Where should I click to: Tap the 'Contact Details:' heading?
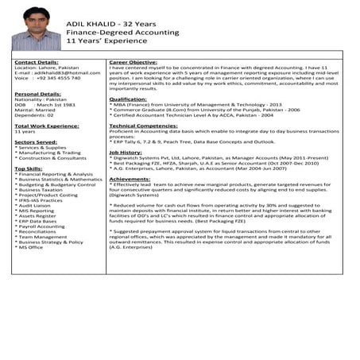coord(37,61)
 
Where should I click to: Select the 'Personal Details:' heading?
coord(38,94)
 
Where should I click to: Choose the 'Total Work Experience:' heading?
coord(45,126)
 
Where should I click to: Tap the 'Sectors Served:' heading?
coord(36,141)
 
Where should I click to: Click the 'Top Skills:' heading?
coord(29,168)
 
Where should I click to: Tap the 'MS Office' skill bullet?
coord(32,247)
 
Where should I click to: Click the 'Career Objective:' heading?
coord(133,61)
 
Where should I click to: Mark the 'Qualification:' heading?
coord(128,99)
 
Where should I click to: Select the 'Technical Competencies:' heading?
coord(144,126)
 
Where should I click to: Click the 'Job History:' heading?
coord(126,152)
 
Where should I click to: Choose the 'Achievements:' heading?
coord(130,179)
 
